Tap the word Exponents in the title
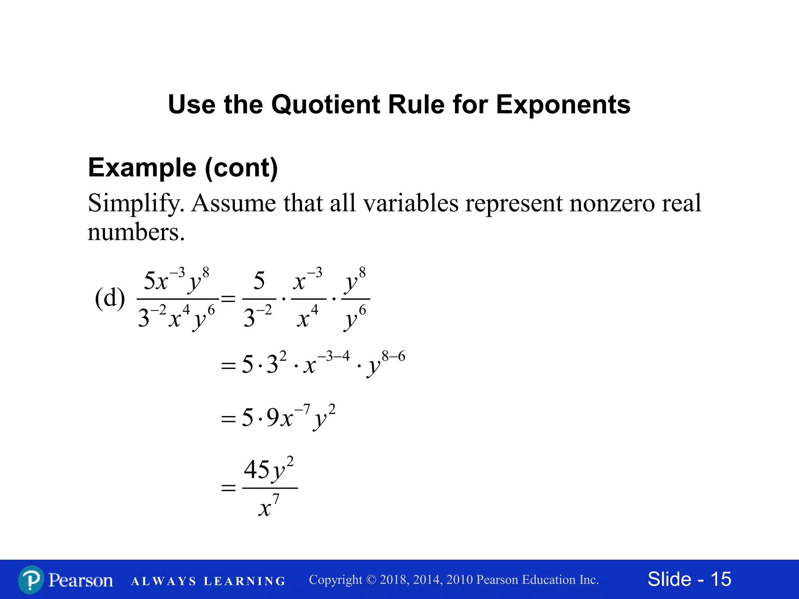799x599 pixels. pos(563,105)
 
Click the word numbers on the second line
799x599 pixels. pos(136,232)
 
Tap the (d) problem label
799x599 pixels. pos(110,298)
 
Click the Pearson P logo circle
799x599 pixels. pos(31,580)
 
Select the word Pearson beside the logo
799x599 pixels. pos(81,580)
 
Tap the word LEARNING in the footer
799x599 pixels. pos(245,581)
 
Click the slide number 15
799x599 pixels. pos(721,579)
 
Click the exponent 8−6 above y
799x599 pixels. pos(393,356)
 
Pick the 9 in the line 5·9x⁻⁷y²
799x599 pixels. pos(273,417)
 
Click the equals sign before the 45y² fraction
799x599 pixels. pos(229,487)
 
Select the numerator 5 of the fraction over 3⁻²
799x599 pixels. pos(259,281)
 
